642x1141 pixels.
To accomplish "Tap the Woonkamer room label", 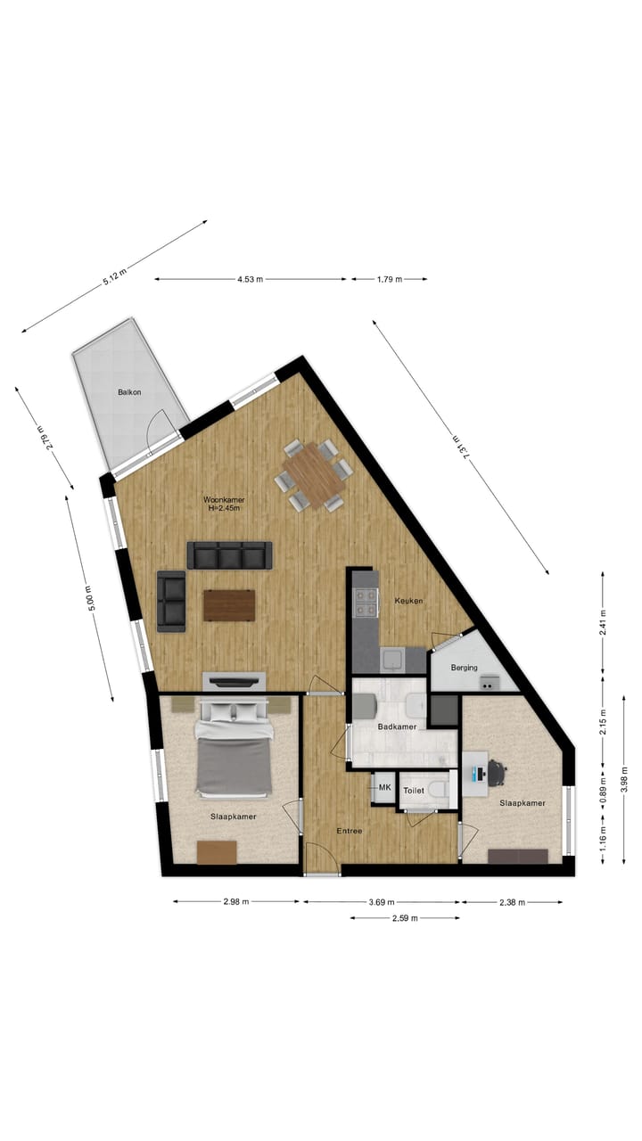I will point(224,501).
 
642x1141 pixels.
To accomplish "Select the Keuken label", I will point(408,601).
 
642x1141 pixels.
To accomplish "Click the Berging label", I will point(464,668).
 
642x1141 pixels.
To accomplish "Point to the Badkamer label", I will point(397,727).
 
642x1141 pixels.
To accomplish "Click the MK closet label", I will point(385,788).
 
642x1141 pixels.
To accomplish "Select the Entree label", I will point(350,832).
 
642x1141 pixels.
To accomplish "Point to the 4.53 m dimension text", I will point(251,279).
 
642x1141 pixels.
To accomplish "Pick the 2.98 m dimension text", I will point(236,902).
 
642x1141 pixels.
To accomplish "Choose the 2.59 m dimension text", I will point(406,917).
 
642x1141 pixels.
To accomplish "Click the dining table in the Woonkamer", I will point(314,475).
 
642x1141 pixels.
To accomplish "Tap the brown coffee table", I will point(229,605).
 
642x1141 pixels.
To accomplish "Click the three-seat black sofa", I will point(229,556).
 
